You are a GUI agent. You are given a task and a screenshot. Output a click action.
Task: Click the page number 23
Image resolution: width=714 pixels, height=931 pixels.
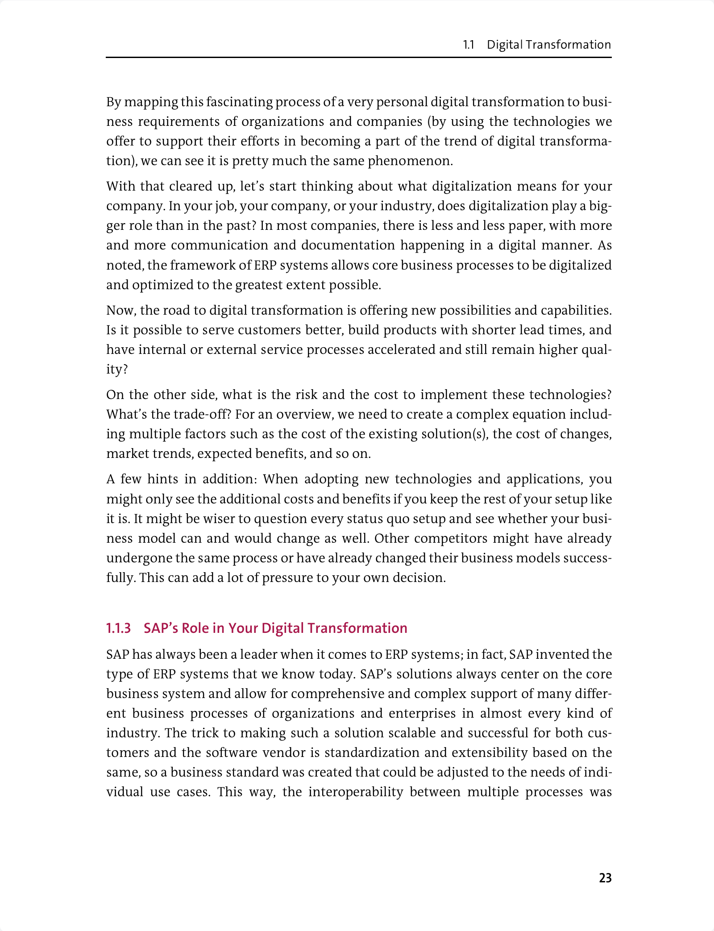point(605,878)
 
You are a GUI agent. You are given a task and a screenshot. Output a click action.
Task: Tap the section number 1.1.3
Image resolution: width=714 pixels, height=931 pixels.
point(118,628)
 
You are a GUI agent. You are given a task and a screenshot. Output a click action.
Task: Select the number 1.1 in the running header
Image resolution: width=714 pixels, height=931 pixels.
point(468,45)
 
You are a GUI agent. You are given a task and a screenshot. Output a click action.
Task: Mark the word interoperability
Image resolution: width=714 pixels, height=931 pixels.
point(356,792)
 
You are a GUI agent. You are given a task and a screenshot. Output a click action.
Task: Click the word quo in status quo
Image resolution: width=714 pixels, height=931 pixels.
point(374,519)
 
